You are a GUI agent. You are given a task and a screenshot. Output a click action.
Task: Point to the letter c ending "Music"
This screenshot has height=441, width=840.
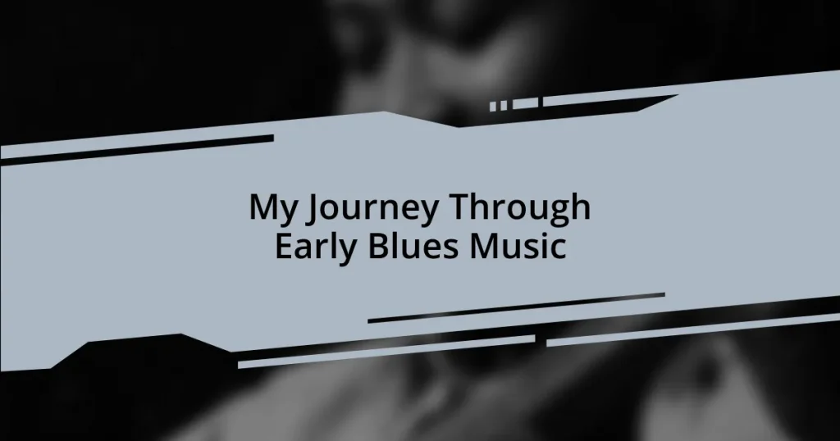point(558,248)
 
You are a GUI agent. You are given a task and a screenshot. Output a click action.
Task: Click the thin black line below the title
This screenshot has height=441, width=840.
point(516,307)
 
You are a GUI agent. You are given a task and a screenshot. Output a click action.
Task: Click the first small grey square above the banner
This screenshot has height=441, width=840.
point(494,106)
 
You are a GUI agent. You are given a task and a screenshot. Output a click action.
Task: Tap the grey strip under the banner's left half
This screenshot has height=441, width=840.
point(386,351)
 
